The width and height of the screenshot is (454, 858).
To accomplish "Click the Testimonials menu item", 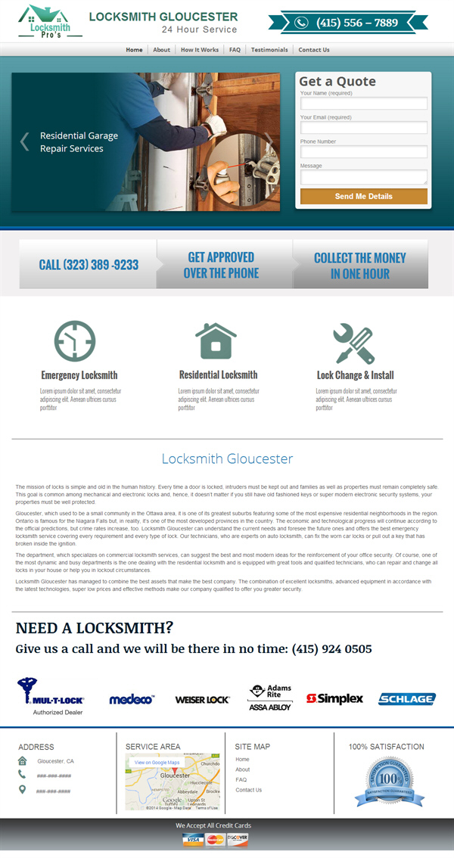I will click(x=269, y=50).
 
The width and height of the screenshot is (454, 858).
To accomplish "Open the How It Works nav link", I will click(x=200, y=50).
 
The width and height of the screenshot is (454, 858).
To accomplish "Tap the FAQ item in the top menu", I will click(x=235, y=50).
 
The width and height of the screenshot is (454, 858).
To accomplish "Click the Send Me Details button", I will click(x=363, y=197).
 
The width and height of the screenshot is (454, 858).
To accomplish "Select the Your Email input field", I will click(x=363, y=128).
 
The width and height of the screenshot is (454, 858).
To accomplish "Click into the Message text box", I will click(x=363, y=177).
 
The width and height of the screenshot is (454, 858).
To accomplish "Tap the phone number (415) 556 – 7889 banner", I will click(x=348, y=23).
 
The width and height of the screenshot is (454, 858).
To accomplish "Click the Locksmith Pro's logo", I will click(x=45, y=23).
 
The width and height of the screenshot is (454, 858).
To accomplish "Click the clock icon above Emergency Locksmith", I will click(x=76, y=341).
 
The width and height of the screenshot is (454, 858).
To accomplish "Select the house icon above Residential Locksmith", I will click(x=216, y=341).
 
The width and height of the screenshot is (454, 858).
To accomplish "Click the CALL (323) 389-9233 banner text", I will click(x=89, y=265).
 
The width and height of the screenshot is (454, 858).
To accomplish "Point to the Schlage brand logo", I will click(x=406, y=699).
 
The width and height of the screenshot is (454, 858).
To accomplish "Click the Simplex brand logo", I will click(x=334, y=698).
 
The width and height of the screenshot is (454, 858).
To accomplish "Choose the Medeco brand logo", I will click(x=132, y=699).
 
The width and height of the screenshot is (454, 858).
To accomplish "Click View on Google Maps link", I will click(x=157, y=763).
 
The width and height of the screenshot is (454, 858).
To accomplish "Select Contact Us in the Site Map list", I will click(x=248, y=790).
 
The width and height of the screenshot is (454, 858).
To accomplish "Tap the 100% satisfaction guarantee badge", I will click(x=390, y=779).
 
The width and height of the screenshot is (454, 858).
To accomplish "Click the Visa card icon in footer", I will click(x=193, y=840).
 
